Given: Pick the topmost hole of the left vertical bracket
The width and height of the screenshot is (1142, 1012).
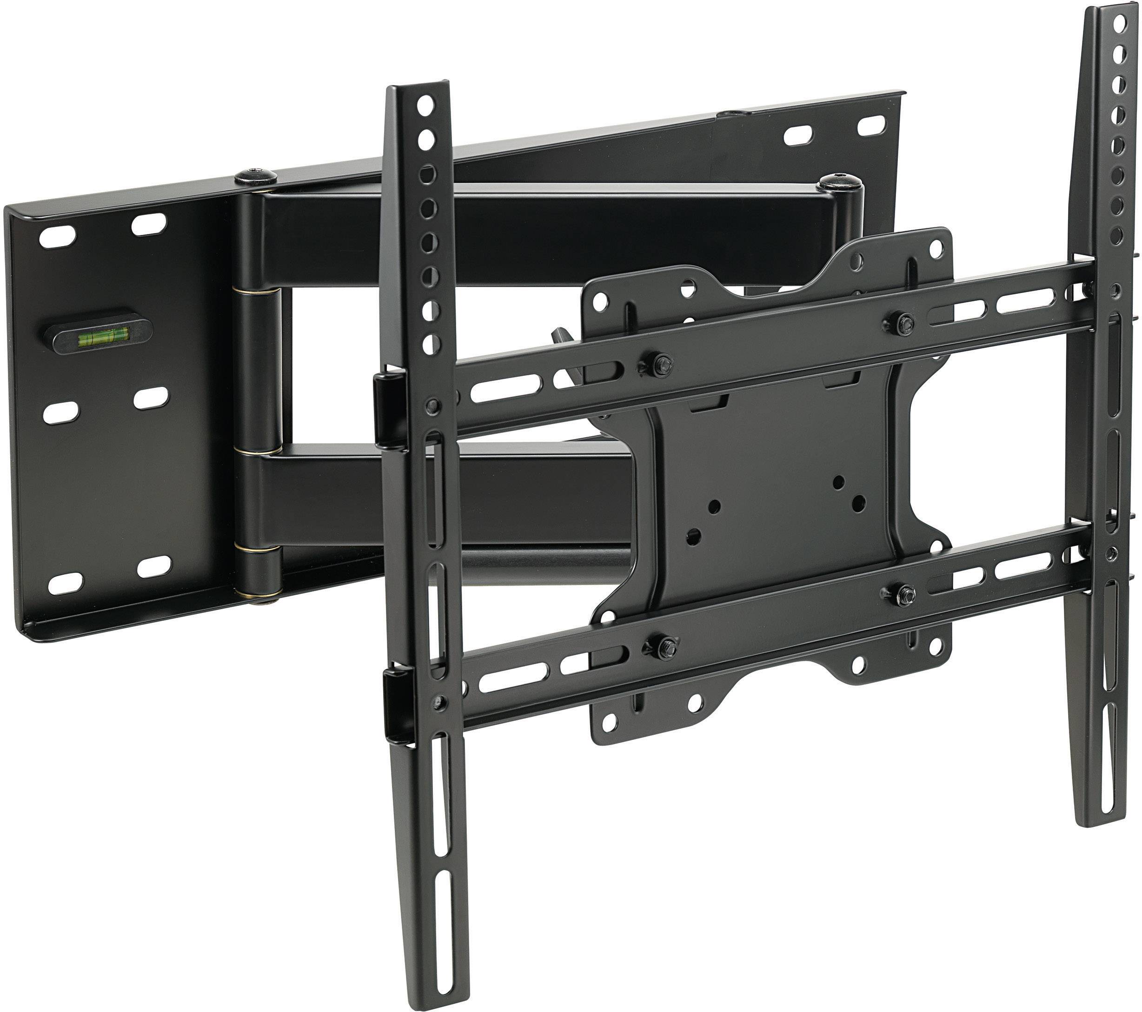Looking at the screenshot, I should pos(426,104).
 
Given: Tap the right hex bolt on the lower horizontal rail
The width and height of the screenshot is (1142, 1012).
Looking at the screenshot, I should pos(903,594).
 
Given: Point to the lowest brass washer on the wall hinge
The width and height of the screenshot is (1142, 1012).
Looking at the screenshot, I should pos(258,596).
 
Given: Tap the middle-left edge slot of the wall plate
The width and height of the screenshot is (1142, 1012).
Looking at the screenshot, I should pos(60,412).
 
